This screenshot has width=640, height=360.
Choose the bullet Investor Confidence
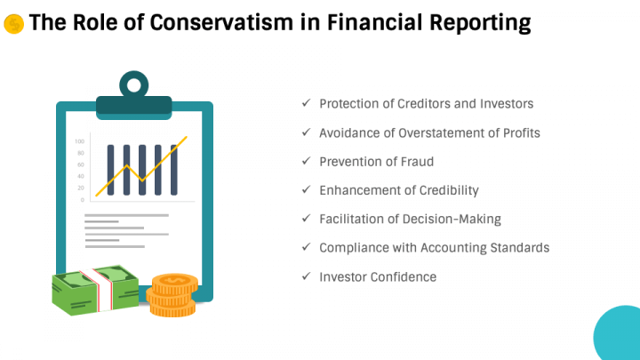(x=378, y=276)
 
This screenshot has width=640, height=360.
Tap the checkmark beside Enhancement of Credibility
(x=307, y=190)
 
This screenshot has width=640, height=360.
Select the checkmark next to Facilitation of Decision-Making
(x=307, y=219)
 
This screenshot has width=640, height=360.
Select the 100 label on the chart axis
(x=79, y=141)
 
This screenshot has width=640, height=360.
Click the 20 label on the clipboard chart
(x=81, y=188)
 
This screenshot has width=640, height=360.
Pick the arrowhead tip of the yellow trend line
(x=186, y=138)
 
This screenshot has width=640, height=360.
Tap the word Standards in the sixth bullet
(x=519, y=248)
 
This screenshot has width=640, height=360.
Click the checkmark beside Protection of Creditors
(x=307, y=104)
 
